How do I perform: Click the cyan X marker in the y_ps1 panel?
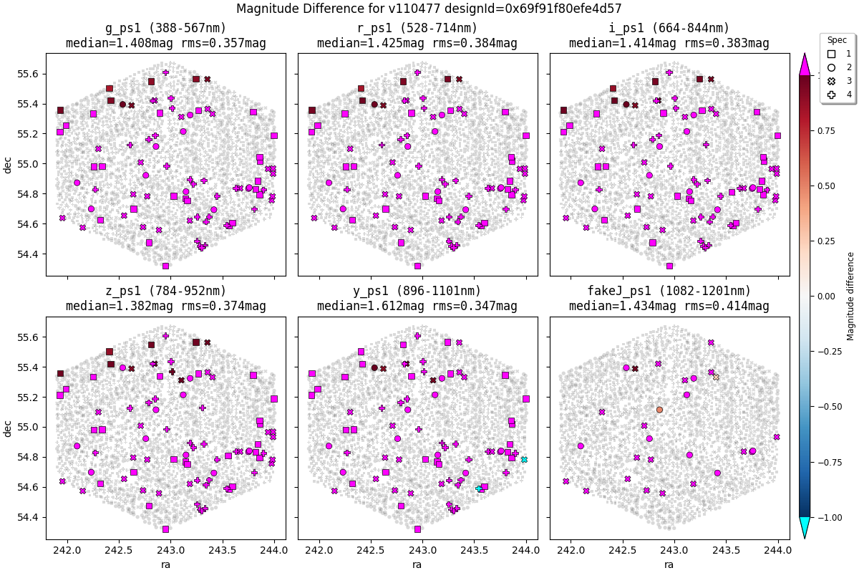524,459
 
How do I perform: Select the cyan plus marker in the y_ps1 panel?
479,488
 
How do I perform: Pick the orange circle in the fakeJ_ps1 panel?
659,410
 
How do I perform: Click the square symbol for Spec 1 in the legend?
831,54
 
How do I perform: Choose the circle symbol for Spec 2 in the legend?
831,67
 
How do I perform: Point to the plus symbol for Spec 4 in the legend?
831,95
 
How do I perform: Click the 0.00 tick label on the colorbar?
825,296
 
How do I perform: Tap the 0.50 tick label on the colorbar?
825,186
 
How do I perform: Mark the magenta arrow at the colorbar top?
805,64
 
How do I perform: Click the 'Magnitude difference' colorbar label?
850,296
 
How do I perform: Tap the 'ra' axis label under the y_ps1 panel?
417,564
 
